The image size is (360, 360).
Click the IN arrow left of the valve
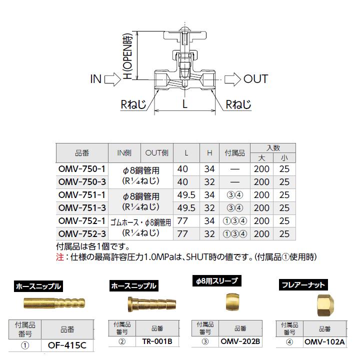coord(112,78)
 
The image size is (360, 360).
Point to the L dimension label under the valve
coord(184,104)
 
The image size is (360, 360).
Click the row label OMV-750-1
coord(82,169)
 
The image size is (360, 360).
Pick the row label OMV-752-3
coord(82,233)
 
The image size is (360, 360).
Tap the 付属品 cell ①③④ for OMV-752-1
coord(234,220)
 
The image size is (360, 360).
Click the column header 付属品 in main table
coord(234,152)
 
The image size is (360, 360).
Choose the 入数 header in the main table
coord(273,148)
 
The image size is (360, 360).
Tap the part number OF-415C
coord(67,345)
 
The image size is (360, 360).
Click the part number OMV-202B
coord(240,342)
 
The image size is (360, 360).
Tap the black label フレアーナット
coord(303,285)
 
